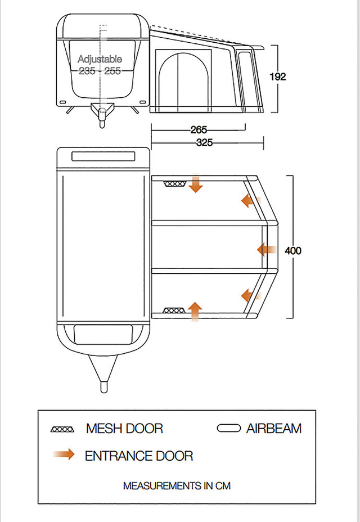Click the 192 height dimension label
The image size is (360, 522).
coord(277,76)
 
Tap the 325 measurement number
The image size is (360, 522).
coord(204,143)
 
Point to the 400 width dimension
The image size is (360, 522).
coord(293,250)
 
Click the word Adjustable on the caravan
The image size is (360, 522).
coord(100,59)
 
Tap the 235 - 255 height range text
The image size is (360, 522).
coord(100,71)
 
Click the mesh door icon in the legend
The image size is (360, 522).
coord(62,429)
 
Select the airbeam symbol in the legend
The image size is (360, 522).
coord(228,429)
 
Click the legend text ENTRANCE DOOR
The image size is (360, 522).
coord(139,456)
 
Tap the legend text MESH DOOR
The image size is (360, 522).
coord(124,429)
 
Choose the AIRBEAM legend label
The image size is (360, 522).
coord(274,429)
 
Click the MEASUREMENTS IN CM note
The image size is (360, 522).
coord(177,485)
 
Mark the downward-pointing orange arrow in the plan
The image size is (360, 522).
coord(195,184)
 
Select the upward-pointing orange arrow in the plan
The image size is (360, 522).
coord(195,310)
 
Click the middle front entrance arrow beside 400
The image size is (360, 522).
coord(265,249)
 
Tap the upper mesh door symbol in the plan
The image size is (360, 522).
coord(174,184)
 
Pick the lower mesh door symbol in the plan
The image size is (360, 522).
coord(174,310)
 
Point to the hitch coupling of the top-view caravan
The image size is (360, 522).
coord(104,387)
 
